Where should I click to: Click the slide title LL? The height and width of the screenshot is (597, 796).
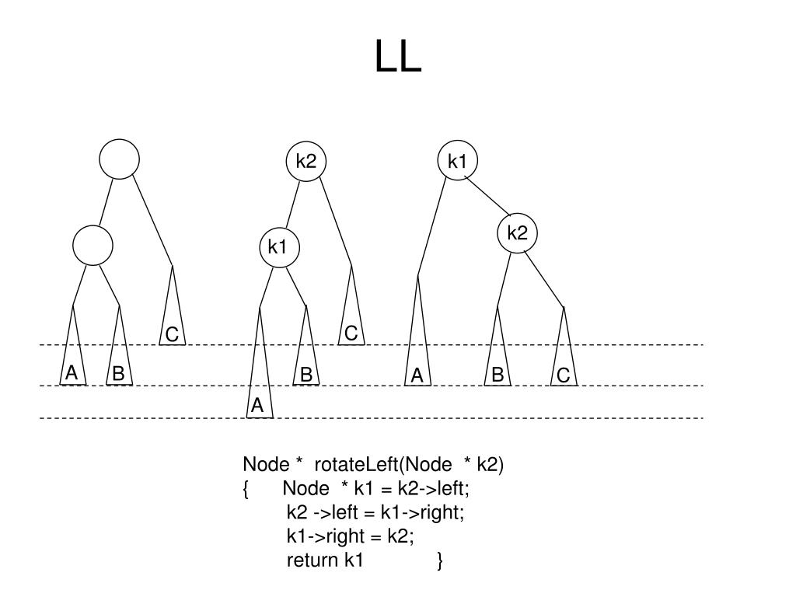click(x=398, y=57)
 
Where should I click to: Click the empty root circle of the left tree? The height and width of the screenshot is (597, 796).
click(x=120, y=159)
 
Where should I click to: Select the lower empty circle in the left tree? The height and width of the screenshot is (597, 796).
click(x=93, y=246)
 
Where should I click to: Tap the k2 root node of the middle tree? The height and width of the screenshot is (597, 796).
click(x=306, y=161)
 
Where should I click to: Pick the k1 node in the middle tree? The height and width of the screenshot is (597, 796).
click(x=278, y=247)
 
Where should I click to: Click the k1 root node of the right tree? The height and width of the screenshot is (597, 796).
click(x=457, y=161)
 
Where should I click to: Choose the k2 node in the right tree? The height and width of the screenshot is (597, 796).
click(x=518, y=232)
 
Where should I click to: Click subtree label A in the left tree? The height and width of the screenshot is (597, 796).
click(x=72, y=374)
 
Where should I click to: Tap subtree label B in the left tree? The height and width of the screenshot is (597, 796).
click(x=118, y=374)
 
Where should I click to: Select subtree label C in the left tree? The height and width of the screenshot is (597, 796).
click(x=173, y=335)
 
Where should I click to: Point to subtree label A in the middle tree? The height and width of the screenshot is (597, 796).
click(x=258, y=406)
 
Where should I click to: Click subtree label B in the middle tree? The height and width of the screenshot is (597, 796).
click(x=306, y=375)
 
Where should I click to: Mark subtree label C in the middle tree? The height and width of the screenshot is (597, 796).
click(x=351, y=334)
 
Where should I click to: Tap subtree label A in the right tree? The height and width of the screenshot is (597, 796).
click(x=417, y=376)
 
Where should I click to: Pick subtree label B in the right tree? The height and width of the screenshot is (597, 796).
click(x=497, y=375)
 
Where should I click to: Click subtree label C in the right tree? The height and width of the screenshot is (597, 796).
click(x=564, y=376)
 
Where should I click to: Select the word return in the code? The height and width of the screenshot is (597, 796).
click(x=313, y=560)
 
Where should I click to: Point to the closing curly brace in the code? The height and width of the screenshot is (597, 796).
click(x=440, y=560)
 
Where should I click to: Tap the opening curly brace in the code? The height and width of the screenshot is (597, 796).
click(x=246, y=489)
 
